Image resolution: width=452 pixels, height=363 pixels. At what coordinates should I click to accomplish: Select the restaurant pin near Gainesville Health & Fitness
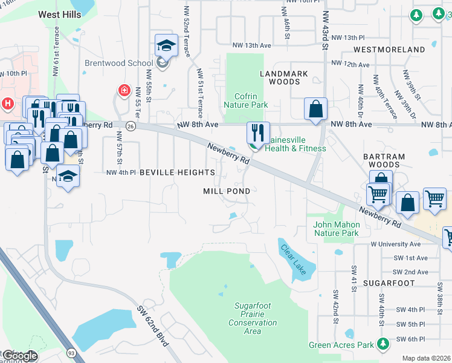[258, 132]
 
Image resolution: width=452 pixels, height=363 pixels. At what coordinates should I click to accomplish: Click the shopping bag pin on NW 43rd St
[315, 109]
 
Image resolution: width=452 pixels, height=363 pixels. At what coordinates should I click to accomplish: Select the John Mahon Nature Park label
[336, 229]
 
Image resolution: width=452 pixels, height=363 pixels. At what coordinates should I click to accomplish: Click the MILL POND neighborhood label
[226, 191]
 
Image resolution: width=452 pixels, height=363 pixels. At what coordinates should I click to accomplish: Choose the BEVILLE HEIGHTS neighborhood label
[177, 172]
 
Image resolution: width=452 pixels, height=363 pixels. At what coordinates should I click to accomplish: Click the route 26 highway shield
[131, 126]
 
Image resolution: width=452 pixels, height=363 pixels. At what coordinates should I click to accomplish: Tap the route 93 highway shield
[71, 352]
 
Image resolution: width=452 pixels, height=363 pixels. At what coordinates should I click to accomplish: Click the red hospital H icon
[8, 103]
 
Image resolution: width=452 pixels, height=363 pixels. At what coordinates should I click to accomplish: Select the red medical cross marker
[124, 90]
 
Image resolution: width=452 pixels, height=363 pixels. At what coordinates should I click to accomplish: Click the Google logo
[19, 355]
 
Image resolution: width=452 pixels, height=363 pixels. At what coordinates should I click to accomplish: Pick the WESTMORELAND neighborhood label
[389, 49]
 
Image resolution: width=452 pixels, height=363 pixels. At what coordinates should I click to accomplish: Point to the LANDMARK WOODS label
[284, 77]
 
